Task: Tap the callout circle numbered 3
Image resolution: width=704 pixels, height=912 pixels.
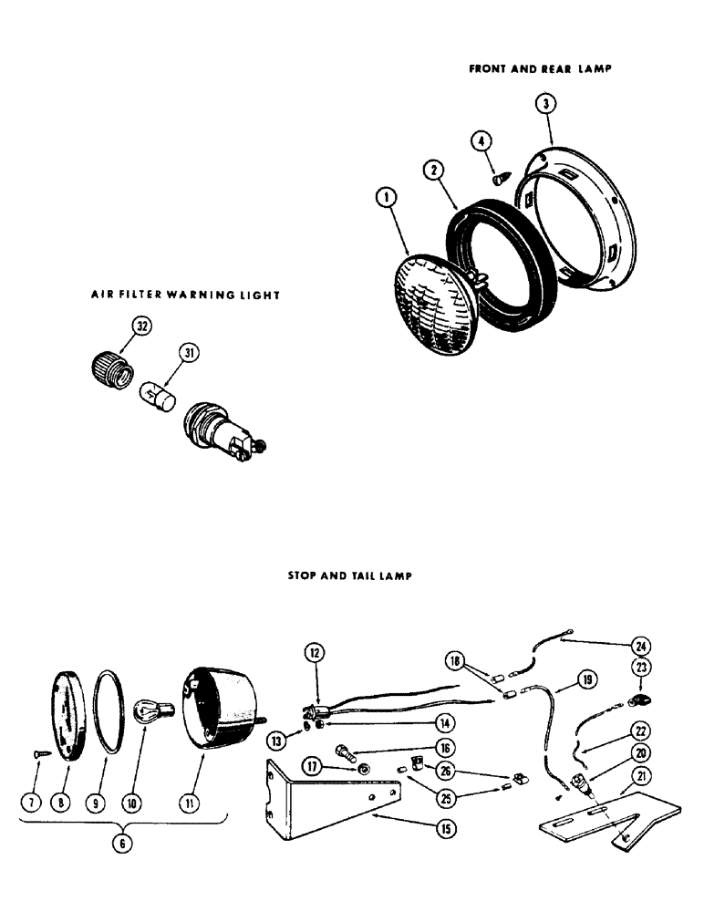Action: pyautogui.click(x=544, y=103)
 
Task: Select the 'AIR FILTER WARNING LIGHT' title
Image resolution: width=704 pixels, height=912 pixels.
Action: pyautogui.click(x=184, y=295)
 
